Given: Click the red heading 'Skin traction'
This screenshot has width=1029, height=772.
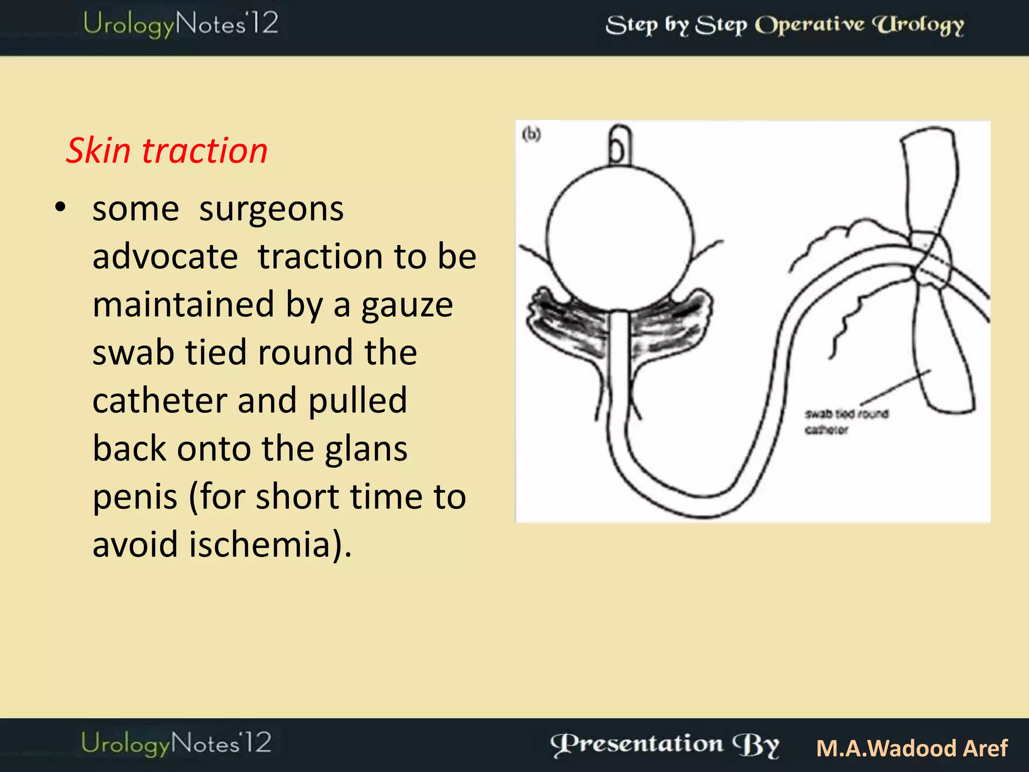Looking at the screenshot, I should (166, 150).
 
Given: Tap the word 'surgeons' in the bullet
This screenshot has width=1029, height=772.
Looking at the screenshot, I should (271, 209).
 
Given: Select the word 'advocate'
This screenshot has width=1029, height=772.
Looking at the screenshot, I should (165, 257).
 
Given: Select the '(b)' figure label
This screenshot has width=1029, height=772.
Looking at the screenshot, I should (531, 134).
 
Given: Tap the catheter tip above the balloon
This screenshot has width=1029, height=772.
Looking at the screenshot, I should (620, 146).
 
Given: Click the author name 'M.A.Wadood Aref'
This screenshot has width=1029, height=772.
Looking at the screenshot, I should (912, 748).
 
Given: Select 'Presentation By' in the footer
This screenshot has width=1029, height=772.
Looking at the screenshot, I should (665, 745).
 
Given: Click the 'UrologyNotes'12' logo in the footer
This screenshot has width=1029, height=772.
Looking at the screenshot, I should (176, 743).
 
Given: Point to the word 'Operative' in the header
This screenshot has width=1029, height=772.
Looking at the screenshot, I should (809, 25).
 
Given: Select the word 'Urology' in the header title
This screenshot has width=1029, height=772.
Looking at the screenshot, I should (918, 25).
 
